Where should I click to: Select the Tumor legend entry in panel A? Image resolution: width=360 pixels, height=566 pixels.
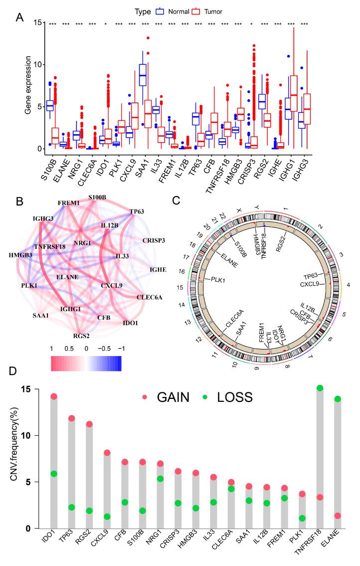(217, 10)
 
